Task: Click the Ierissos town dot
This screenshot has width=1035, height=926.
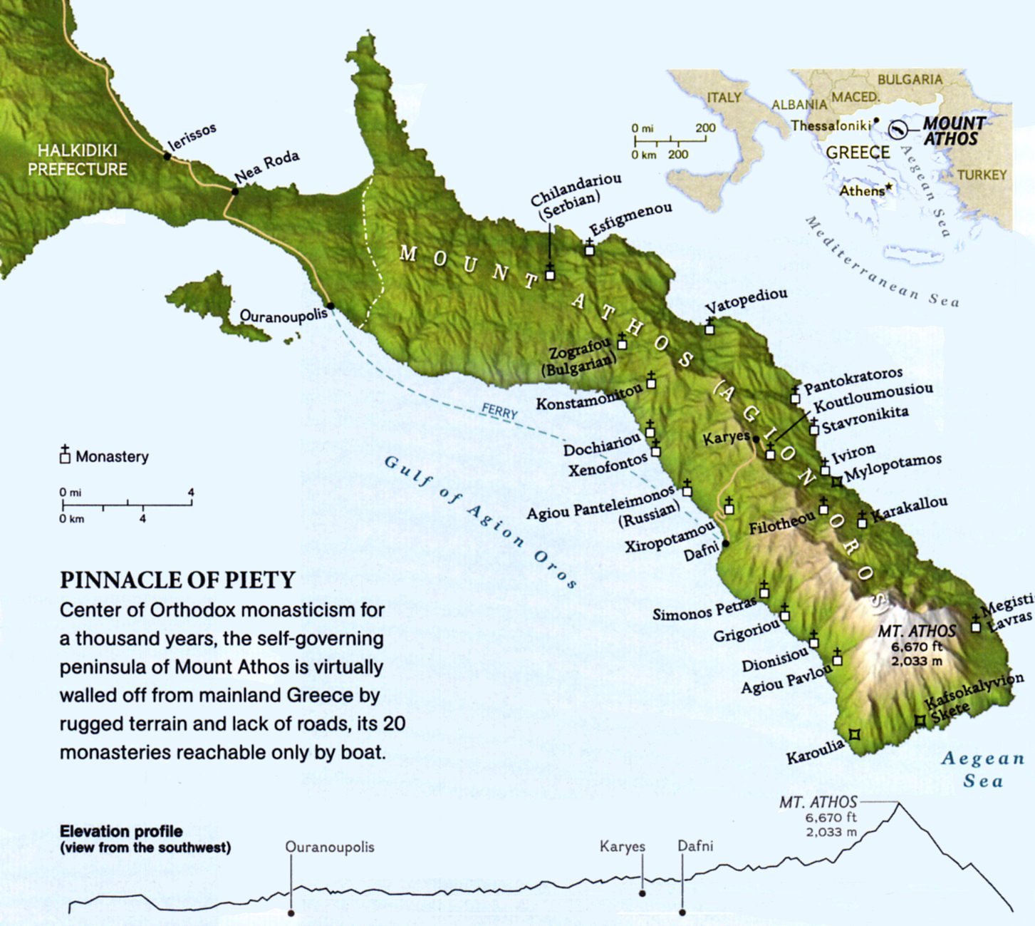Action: (167, 155)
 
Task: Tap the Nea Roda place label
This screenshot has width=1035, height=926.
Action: (266, 166)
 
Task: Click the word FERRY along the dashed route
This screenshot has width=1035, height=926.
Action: (499, 411)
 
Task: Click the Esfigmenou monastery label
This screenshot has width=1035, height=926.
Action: (631, 218)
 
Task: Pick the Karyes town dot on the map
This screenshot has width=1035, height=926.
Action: (756, 439)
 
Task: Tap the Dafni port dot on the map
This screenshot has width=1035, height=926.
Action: (726, 544)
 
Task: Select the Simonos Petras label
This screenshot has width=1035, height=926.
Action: (704, 609)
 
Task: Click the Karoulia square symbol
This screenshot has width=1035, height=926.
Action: (855, 734)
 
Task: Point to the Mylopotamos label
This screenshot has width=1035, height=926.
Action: (893, 468)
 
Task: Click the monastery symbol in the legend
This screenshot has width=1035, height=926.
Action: (65, 456)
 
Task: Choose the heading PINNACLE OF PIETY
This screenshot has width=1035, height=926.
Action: (177, 580)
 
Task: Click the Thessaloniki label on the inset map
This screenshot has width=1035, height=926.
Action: (831, 125)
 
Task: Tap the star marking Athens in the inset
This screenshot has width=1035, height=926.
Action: (888, 187)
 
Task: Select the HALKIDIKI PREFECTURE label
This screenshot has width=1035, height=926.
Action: (77, 160)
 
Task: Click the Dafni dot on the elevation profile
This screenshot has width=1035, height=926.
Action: (682, 912)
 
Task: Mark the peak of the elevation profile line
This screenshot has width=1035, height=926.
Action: (898, 803)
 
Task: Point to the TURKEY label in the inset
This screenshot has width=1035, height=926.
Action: (982, 175)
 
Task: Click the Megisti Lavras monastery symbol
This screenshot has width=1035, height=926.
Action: (976, 626)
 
